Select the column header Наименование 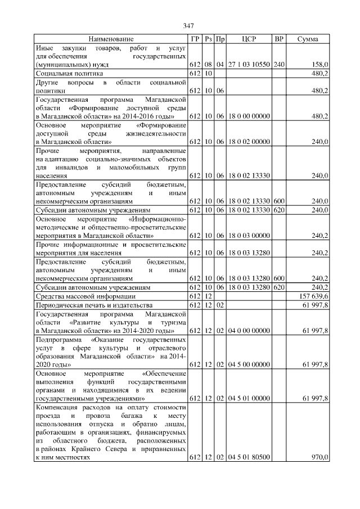[x=111, y=39]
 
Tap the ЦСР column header [x=249, y=39]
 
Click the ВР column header [x=278, y=39]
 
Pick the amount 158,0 [x=319, y=65]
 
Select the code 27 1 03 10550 [x=249, y=65]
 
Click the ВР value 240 [x=279, y=65]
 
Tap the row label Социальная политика [x=69, y=73]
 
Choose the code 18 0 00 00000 [x=249, y=116]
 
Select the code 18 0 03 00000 [x=249, y=236]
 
